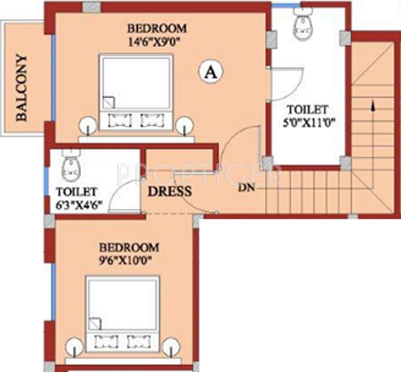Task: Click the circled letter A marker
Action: pos(210,72)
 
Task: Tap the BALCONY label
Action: pos(21,88)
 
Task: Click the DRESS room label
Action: pos(169,190)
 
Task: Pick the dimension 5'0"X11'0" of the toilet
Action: pos(307,121)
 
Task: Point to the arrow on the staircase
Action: pos(372,107)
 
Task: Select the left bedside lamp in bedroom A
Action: pos(87,125)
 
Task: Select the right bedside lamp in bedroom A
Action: pos(185,125)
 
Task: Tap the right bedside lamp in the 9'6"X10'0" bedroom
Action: pos(170,347)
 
